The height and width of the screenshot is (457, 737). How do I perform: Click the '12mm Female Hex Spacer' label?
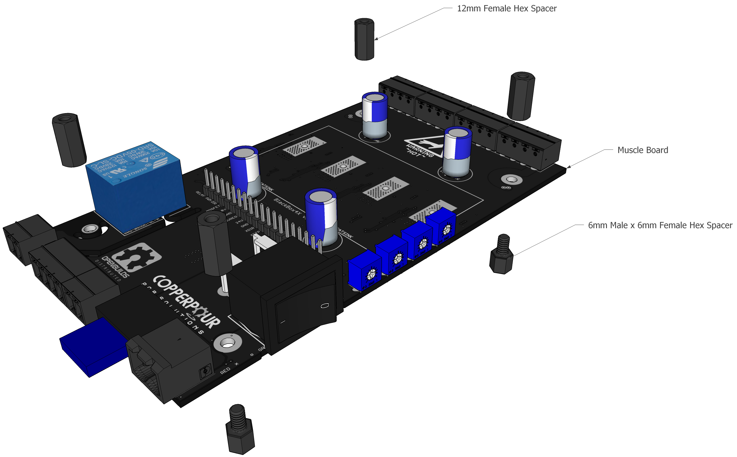pos(507,9)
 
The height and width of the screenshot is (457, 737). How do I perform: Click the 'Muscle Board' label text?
pos(642,150)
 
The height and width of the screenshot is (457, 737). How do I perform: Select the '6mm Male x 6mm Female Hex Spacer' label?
pos(660,225)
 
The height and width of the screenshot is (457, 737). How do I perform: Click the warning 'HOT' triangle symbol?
pos(423,147)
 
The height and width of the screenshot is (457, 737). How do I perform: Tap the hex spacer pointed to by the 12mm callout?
pos(364,39)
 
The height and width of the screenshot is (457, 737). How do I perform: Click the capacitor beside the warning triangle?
pos(457,153)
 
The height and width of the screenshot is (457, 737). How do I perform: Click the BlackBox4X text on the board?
pos(287,207)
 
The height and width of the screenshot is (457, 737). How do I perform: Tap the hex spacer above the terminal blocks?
pos(521,96)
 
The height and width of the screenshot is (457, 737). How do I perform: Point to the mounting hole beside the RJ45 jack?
pos(227,343)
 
